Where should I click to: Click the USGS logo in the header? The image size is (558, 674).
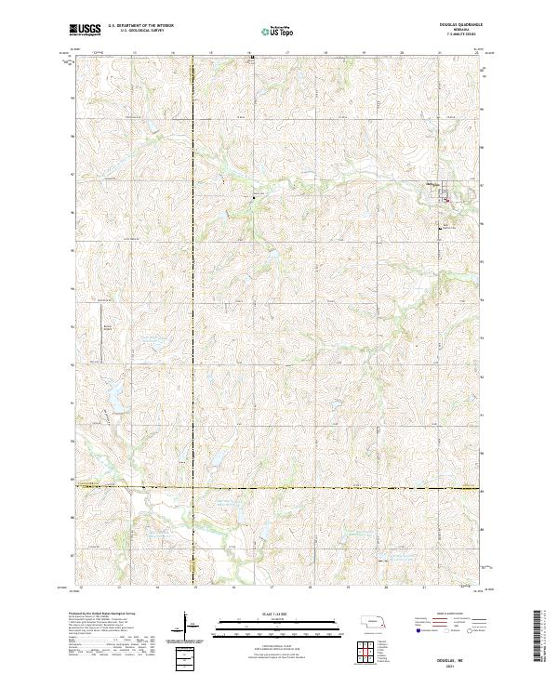pos(86,31)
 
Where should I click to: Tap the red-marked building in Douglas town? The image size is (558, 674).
pos(445,198)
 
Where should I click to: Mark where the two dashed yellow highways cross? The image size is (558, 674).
pos(193,486)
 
